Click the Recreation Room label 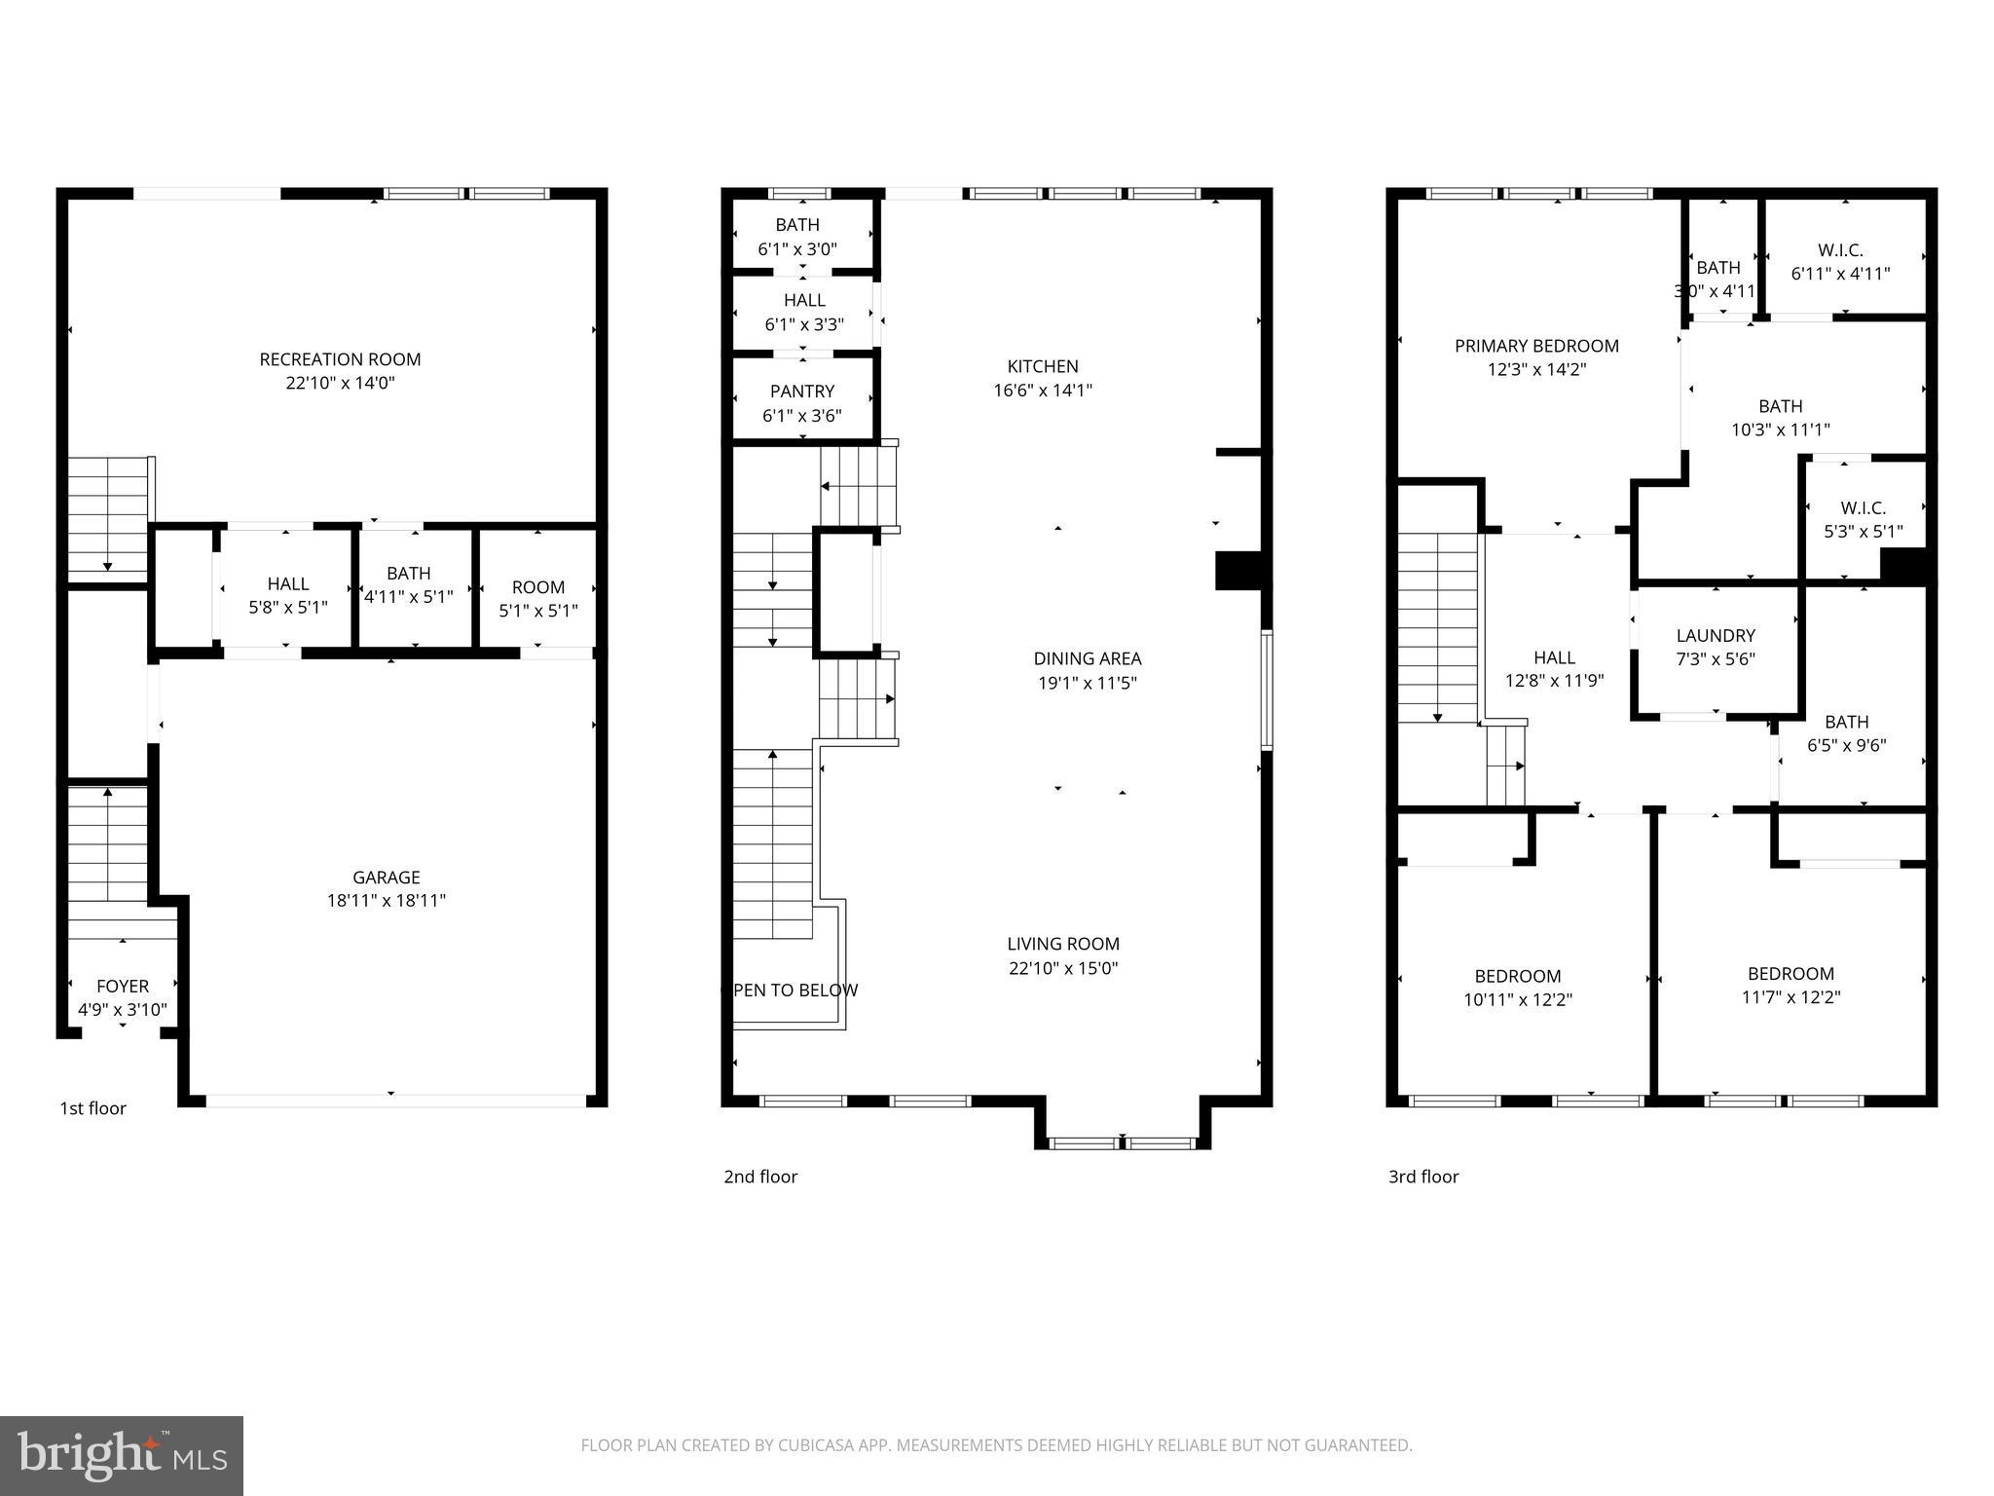pos(340,359)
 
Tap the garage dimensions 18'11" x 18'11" pos(386,901)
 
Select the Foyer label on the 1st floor pos(123,987)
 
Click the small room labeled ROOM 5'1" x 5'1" pos(538,599)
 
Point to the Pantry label pos(801,392)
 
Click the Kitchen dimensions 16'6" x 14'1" pos(1042,391)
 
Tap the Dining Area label pos(1087,659)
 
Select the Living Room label pos(1062,944)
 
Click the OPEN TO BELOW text pos(794,991)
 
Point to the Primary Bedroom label pos(1536,346)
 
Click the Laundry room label pos(1716,636)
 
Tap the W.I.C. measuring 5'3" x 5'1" pos(1863,520)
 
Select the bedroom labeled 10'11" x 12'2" pos(1517,988)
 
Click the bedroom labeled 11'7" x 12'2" pos(1791,986)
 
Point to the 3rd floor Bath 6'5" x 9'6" pos(1846,733)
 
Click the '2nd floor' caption pos(760,1177)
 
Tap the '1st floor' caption pos(93,1108)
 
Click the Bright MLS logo pos(122,1455)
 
